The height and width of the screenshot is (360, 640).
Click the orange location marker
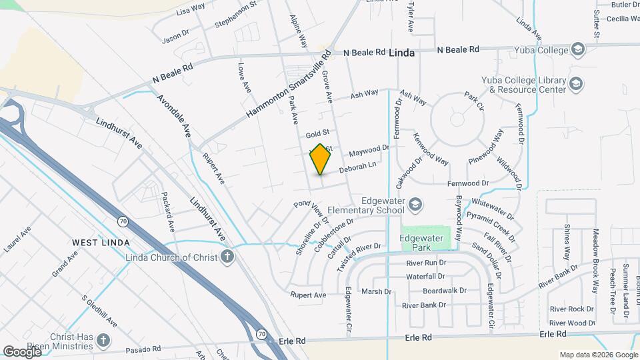(321, 159)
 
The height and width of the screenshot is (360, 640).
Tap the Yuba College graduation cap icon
(577, 49)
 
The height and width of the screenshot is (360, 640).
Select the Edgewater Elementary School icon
(415, 203)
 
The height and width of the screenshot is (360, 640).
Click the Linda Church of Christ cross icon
(227, 256)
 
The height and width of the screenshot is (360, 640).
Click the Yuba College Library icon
(576, 84)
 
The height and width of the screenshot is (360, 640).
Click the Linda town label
(401, 52)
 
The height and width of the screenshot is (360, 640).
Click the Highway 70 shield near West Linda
(123, 220)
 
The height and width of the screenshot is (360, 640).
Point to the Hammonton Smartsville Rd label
(288, 87)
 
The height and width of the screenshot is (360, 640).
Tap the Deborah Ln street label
(358, 167)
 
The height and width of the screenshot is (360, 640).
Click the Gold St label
(313, 135)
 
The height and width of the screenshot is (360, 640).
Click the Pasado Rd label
(147, 349)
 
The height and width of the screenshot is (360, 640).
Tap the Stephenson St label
(235, 15)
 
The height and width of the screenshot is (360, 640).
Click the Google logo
(22, 351)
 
